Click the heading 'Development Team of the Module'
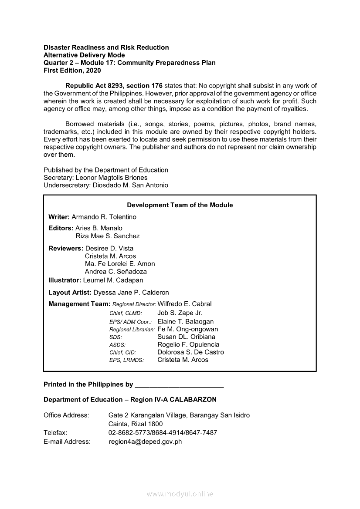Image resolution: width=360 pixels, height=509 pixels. pyautogui.click(x=180, y=205)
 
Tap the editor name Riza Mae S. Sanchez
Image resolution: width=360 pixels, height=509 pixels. pyautogui.click(x=108, y=236)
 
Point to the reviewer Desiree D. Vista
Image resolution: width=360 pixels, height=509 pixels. pyautogui.click(x=109, y=248)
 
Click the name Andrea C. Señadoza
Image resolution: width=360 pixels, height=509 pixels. pyautogui.click(x=115, y=271)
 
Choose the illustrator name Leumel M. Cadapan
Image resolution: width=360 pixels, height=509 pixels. pyautogui.click(x=113, y=280)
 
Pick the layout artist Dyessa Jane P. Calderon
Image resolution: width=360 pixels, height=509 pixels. pyautogui.click(x=131, y=292)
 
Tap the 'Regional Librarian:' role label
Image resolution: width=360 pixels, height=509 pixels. pyautogui.click(x=132, y=330)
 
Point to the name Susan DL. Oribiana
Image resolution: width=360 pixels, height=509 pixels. pyautogui.click(x=186, y=337)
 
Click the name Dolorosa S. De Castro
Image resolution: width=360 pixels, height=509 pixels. pyautogui.click(x=190, y=352)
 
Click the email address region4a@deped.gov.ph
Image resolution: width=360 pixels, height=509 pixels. pyautogui.click(x=145, y=442)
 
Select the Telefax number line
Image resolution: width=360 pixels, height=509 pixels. pyautogui.click(x=163, y=432)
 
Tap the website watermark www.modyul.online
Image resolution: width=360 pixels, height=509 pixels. pyautogui.click(x=180, y=494)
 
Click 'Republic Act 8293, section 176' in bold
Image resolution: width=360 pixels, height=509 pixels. pyautogui.click(x=114, y=85)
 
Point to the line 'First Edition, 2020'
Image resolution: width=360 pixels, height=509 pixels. pyautogui.click(x=72, y=70)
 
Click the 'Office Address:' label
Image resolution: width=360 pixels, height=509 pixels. pyautogui.click(x=66, y=415)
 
